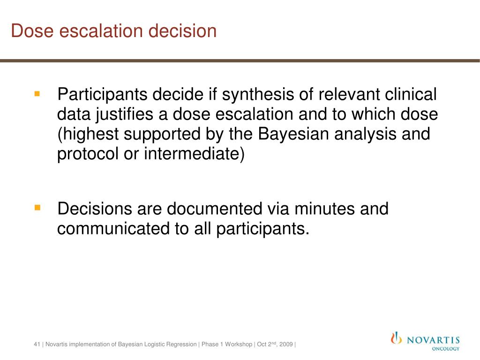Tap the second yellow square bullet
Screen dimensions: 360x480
(37, 207)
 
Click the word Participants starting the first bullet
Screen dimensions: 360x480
(100, 95)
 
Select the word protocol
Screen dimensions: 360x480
(88, 154)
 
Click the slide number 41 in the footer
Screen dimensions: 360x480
(37, 345)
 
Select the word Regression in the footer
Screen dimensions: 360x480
(183, 345)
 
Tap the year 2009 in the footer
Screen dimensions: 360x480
(286, 345)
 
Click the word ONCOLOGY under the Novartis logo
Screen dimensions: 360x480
(445, 349)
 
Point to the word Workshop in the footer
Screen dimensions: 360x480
(238, 345)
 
